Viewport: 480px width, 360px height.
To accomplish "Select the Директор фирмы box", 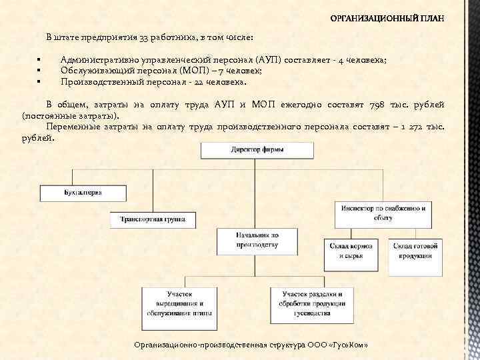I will (x=257, y=150).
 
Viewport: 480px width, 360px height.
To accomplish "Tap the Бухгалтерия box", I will (x=83, y=193).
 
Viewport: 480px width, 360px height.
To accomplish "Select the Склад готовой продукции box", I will (x=415, y=251).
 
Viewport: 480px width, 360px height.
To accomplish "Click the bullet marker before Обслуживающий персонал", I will (x=40, y=71).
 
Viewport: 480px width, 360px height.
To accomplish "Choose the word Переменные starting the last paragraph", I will (x=71, y=126).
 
